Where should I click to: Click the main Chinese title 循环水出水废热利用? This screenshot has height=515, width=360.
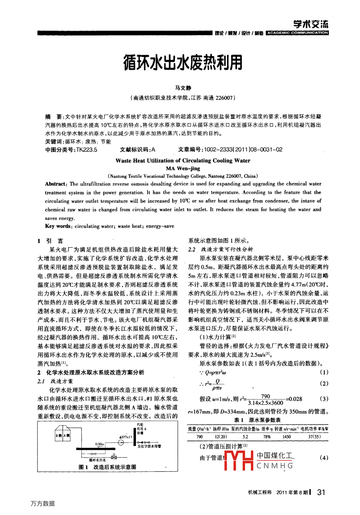pyautogui.click(x=183, y=62)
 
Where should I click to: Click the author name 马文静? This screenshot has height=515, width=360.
pyautogui.click(x=183, y=88)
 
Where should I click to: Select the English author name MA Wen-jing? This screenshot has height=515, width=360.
pyautogui.click(x=183, y=169)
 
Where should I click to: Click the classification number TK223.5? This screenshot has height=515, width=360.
pyautogui.click(x=87, y=150)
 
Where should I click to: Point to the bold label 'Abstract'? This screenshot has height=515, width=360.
pyautogui.click(x=56, y=184)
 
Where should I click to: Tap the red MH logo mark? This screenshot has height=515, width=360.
pyautogui.click(x=239, y=460)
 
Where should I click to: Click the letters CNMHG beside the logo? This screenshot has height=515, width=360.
pyautogui.click(x=275, y=466)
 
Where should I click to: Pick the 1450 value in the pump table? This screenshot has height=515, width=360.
pyautogui.click(x=286, y=437)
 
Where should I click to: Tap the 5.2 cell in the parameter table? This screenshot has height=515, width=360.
pyautogui.click(x=245, y=437)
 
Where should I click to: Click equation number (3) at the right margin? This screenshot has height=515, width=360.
pyautogui.click(x=324, y=399)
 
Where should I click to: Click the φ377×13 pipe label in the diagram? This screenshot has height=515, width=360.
pyautogui.click(x=126, y=437)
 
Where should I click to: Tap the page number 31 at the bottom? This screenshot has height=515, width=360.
pyautogui.click(x=321, y=492)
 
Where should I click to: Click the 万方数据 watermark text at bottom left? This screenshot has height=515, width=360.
pyautogui.click(x=42, y=503)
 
